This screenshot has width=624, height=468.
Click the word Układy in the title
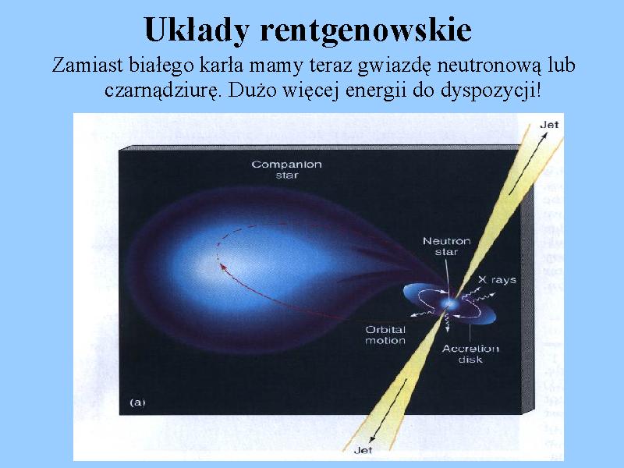pos(197,30)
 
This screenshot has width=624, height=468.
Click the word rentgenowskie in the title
pos(366,30)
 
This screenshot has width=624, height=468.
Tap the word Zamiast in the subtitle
pos(87,66)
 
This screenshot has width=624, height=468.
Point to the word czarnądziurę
pos(162,91)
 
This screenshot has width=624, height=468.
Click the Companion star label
pos(286,169)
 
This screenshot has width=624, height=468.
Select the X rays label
pos(497,280)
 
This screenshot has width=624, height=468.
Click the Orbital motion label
pos(385,335)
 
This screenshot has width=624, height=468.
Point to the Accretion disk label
pos(470,354)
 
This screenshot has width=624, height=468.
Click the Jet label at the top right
pos(549,125)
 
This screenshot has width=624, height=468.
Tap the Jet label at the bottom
pos(363,450)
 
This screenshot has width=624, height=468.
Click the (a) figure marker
pos(137,402)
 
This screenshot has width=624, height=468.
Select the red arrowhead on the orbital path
pos(224,267)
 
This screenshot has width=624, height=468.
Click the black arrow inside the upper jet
pos(528,163)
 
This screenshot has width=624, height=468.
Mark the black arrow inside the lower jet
pos(388,411)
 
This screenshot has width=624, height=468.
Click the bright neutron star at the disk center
pos(450,304)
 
